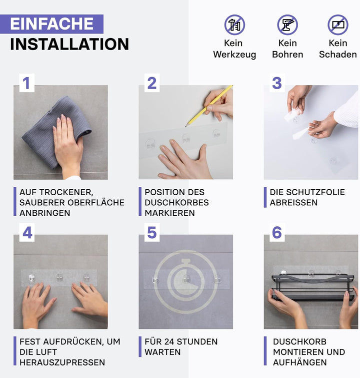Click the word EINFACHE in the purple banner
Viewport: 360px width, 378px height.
51,24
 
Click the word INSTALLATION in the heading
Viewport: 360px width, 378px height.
69,44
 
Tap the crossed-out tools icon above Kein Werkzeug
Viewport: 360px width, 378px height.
234,25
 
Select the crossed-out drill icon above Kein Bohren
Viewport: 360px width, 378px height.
287,25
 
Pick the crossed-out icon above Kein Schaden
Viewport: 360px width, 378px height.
338,25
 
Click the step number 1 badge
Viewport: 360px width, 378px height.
26,83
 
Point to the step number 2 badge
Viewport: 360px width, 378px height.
152,83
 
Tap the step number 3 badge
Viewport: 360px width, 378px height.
277,83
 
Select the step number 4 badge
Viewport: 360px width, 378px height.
27,233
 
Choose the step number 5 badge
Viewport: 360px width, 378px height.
152,233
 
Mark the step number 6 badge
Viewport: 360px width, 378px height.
277,233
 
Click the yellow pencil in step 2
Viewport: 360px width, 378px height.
208,106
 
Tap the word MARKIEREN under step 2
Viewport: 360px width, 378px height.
170,213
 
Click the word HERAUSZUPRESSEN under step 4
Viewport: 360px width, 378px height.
62,362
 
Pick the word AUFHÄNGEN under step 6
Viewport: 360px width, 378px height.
300,362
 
